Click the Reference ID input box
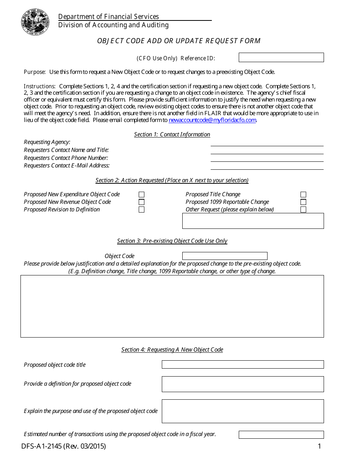click(x=281, y=58)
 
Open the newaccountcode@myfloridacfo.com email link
click(x=212, y=120)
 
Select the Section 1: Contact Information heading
click(x=172, y=134)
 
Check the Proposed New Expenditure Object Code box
click(x=141, y=194)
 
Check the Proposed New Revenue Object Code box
click(x=141, y=202)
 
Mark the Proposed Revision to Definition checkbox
click(x=141, y=210)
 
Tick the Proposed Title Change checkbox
click(x=303, y=194)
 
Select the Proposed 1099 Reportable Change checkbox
click(x=303, y=202)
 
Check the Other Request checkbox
click(x=303, y=210)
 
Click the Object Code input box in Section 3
click(x=225, y=256)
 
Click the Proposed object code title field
click(x=243, y=364)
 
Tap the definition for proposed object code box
click(x=243, y=384)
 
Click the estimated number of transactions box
click(x=281, y=435)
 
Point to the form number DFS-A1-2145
click(x=64, y=446)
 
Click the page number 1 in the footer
click(x=319, y=446)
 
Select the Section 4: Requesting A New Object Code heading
click(x=172, y=350)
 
